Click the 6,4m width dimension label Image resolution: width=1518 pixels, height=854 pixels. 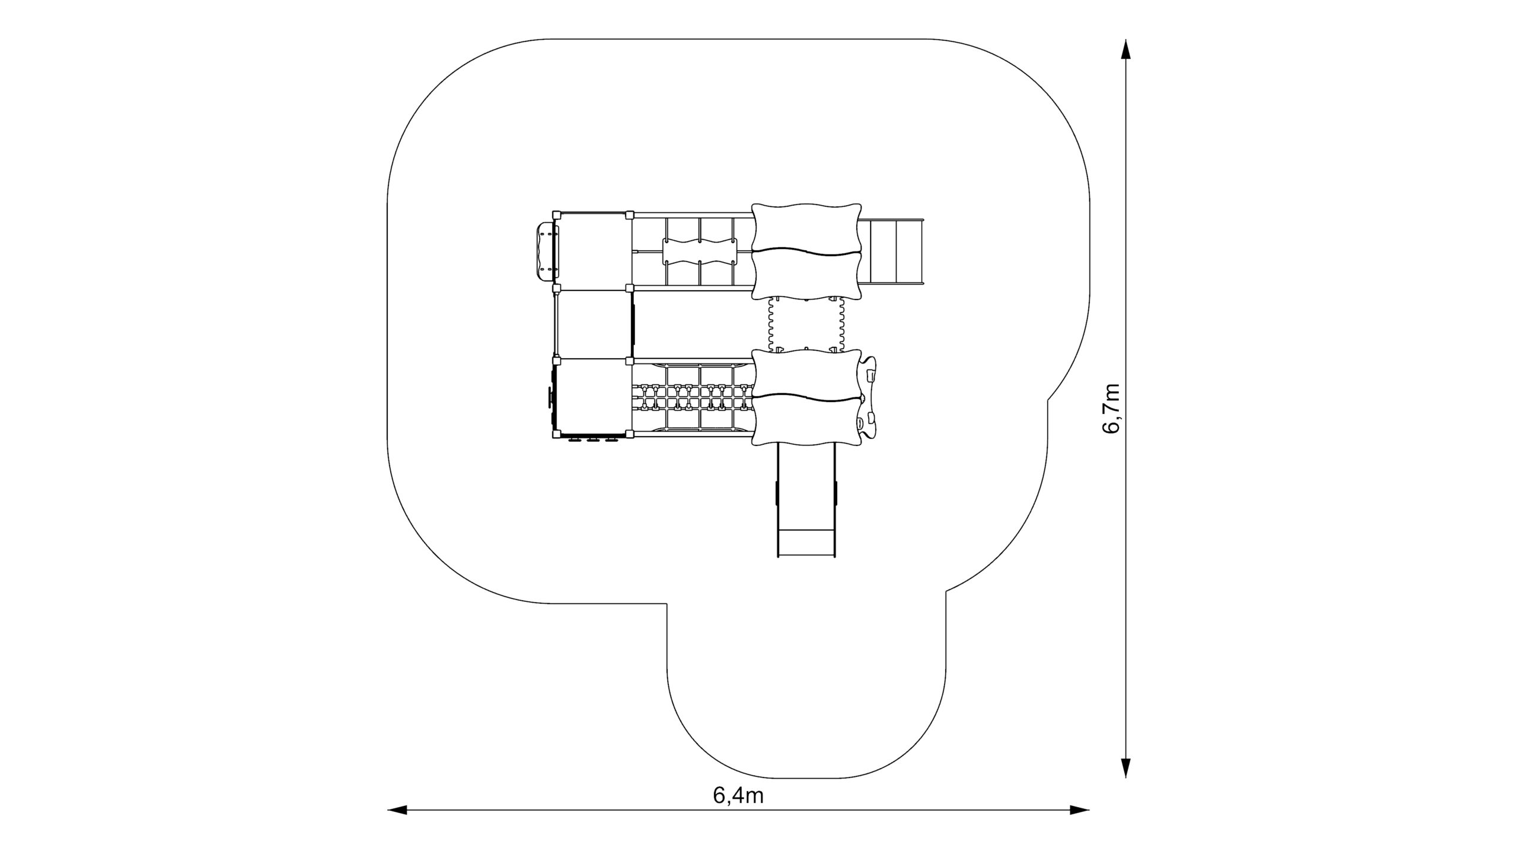[x=738, y=796]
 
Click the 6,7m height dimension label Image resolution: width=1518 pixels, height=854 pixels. [x=1111, y=409]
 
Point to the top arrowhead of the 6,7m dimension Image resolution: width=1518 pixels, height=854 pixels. [x=1126, y=50]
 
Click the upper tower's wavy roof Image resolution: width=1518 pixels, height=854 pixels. [x=806, y=251]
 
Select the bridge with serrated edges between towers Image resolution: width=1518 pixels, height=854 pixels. [x=806, y=325]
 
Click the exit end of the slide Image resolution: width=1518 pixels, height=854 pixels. [x=806, y=542]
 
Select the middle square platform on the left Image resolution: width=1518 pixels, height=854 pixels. [x=593, y=324]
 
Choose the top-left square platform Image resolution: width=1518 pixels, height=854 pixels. [x=593, y=251]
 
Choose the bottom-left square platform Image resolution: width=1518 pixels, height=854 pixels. [x=593, y=398]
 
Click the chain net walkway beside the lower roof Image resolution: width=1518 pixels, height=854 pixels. [x=693, y=397]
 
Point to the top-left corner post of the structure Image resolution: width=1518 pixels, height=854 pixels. [x=556, y=215]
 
